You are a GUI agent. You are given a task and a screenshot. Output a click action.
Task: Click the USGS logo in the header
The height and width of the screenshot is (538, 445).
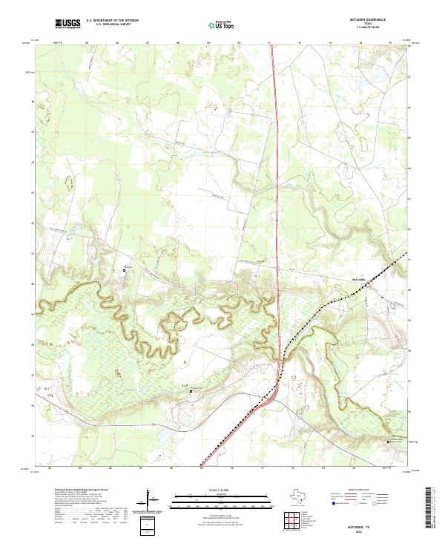click(x=67, y=24)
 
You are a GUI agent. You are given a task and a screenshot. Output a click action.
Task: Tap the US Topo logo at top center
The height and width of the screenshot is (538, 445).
click(x=221, y=24)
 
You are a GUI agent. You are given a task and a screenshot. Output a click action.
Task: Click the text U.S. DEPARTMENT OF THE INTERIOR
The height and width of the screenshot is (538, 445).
click(x=112, y=21)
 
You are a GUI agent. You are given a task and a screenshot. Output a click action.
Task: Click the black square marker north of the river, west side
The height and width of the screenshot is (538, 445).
click(x=125, y=271)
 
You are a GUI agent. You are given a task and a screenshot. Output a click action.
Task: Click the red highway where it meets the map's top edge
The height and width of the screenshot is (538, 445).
click(x=272, y=46)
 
